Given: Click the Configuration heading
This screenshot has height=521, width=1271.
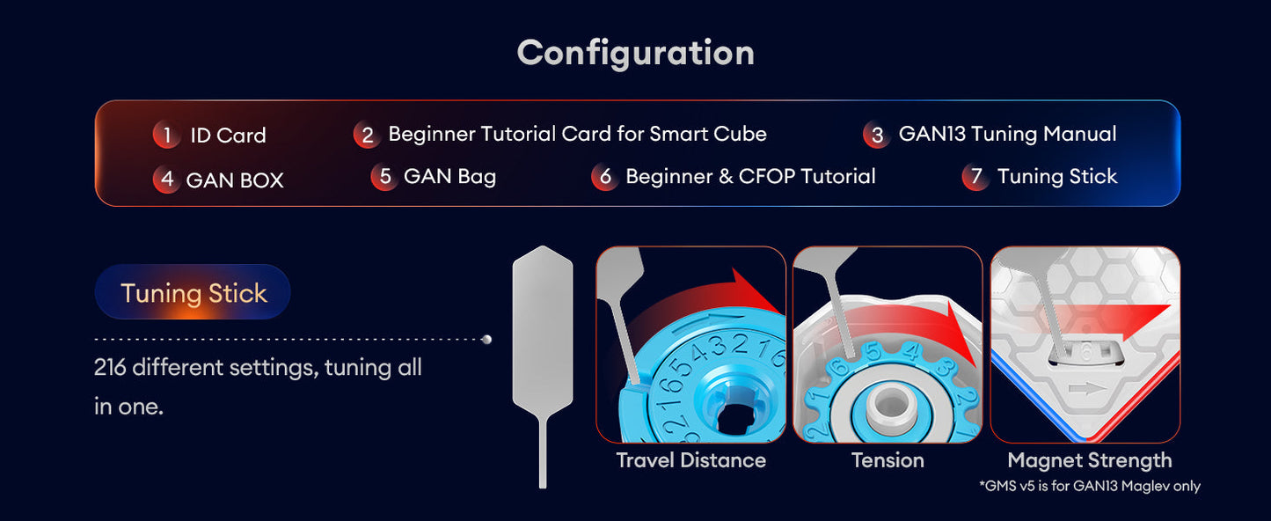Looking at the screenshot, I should point(635,53).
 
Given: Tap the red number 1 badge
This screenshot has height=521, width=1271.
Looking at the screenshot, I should point(166,135).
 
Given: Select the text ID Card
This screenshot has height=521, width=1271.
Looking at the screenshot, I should point(228,136).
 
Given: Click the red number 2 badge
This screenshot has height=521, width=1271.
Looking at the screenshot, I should point(366,135).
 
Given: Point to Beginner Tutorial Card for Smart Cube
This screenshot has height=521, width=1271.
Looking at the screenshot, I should point(577,134).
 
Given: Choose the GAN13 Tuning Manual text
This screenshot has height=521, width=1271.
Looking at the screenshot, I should point(1007,134).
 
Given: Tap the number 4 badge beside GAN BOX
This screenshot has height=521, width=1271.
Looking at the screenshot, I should point(165,180).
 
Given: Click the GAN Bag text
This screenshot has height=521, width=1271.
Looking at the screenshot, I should point(449,176).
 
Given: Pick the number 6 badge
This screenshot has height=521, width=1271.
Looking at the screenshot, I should point(604,177).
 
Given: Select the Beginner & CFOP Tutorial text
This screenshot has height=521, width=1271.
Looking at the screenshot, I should point(750,176).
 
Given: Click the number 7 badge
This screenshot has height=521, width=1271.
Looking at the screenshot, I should point(975,177).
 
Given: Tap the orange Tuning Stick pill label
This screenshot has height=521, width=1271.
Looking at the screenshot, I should point(193,292).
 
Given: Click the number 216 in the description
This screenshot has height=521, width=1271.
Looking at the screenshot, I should point(112,367).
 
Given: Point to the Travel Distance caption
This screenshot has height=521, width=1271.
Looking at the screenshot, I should point(690,460).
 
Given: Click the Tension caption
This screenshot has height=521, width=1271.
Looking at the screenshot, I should point(888,460).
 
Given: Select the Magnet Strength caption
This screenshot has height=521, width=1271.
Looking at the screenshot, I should point(1089,460).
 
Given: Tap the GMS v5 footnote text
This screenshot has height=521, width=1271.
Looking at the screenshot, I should point(1089,486).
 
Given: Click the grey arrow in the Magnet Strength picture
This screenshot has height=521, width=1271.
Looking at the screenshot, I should point(1083,390).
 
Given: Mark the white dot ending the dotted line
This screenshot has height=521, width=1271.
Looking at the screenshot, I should point(487,339).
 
